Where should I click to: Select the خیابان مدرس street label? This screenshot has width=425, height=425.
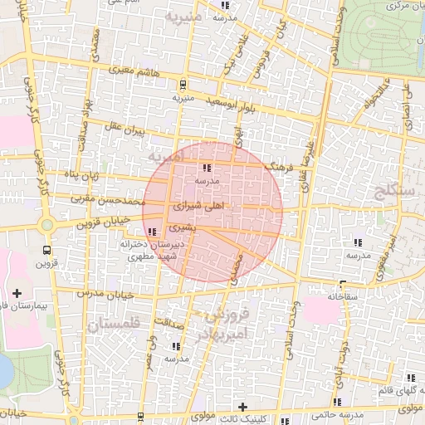tap(100, 295)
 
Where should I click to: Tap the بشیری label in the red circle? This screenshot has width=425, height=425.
tap(180, 226)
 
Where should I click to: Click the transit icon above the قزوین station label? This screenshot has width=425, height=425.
tap(46, 250)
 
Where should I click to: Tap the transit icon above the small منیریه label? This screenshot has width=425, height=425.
tap(182, 84)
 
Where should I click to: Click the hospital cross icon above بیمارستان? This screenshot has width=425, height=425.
tap(17, 292)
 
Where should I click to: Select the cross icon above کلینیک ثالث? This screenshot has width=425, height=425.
tap(242, 407)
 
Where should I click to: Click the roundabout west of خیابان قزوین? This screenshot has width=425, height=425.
tap(46, 224)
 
